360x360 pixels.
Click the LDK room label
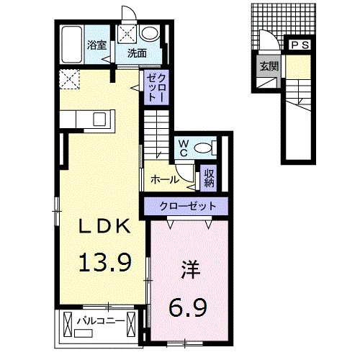(x=105, y=226)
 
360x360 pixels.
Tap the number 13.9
(x=105, y=262)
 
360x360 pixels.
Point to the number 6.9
(x=189, y=308)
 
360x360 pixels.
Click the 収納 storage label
(x=209, y=176)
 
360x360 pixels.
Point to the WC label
(x=182, y=148)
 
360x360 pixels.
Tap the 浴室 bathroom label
(x=97, y=45)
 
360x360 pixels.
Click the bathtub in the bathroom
(x=71, y=45)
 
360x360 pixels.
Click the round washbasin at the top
(x=150, y=33)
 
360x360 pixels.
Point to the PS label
(x=300, y=45)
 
